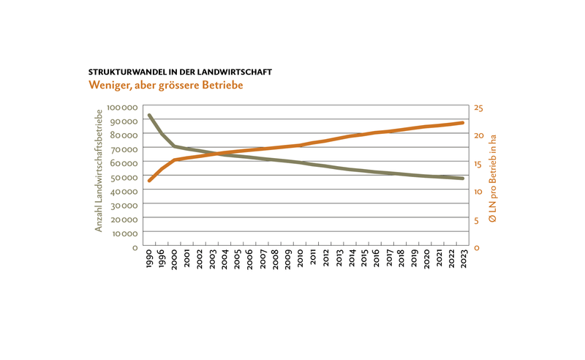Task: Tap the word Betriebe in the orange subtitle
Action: point(222,85)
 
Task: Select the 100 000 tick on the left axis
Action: point(122,108)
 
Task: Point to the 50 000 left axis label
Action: point(124,177)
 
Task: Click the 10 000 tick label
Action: point(124,233)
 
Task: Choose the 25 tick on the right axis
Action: point(478,108)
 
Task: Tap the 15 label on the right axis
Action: point(478,165)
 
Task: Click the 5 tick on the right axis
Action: point(477,220)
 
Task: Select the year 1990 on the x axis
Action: point(149,258)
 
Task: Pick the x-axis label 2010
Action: point(301,258)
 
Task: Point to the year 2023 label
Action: point(464,258)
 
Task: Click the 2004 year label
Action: point(224,258)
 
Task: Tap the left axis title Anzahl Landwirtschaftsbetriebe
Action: point(99,170)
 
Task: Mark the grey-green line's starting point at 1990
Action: point(149,116)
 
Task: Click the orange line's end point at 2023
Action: point(463,123)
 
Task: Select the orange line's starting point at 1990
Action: point(149,181)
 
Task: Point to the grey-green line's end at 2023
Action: point(463,179)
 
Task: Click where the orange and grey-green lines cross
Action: point(216,153)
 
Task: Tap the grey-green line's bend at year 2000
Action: point(175,146)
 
